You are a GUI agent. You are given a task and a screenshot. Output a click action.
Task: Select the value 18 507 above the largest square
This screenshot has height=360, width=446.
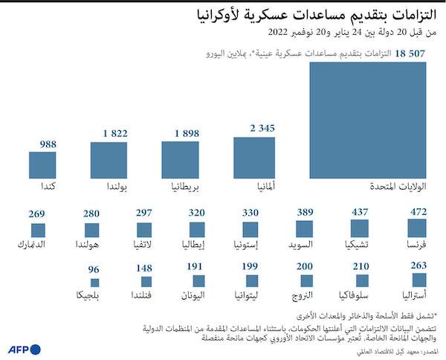(x=410, y=54)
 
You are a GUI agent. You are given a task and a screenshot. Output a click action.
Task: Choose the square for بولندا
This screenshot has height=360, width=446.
(x=109, y=160)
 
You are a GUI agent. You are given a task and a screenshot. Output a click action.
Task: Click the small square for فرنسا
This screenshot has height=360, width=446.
(x=418, y=228)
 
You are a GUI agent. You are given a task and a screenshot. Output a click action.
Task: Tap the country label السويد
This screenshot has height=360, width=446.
(x=300, y=242)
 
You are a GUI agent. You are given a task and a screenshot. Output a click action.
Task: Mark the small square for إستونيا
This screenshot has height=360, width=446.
(x=251, y=229)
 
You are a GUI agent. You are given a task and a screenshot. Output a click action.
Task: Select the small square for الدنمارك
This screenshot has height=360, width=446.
(x=39, y=230)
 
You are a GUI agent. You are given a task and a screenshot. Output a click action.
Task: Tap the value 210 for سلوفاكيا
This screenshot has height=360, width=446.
(x=361, y=266)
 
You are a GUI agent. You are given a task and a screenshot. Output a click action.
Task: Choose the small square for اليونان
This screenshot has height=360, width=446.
(x=197, y=281)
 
